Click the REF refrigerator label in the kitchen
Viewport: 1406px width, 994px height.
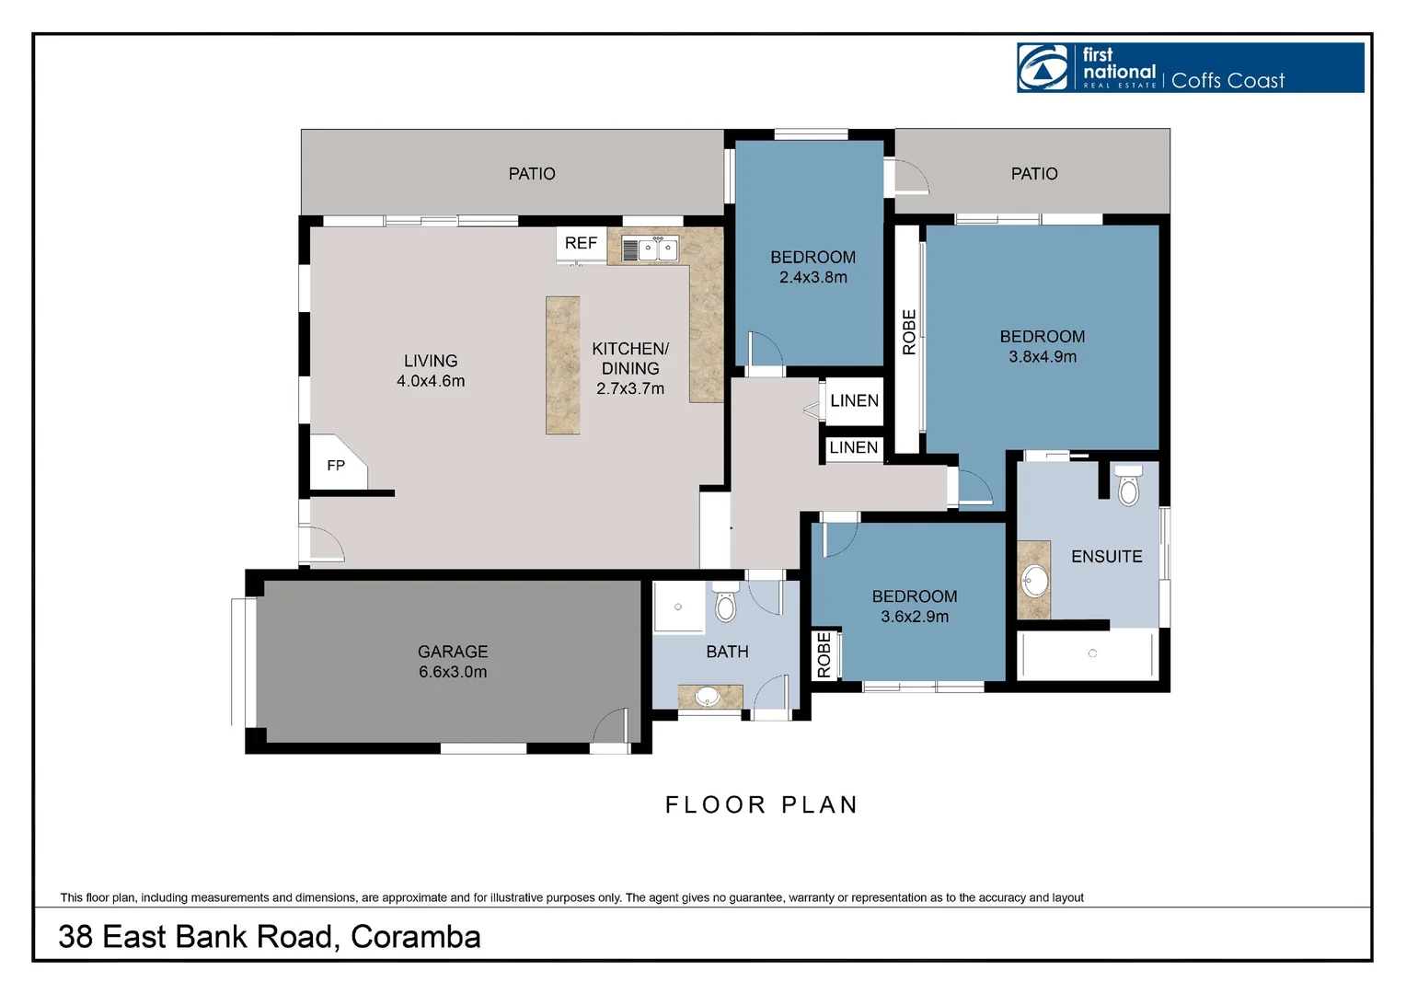coord(581,243)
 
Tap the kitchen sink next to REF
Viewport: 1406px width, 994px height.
coord(651,248)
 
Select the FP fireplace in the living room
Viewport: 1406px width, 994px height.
coord(336,465)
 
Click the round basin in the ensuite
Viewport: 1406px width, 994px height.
coord(1036,582)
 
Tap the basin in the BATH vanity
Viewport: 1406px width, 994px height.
coord(708,697)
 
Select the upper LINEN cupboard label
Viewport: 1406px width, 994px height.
coord(854,400)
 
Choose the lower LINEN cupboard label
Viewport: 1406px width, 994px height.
coord(853,447)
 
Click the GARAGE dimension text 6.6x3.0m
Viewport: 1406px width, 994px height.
coord(453,672)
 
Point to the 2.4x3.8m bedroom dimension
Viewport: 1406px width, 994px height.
coord(813,277)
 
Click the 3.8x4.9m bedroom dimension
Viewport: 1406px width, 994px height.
coord(1043,356)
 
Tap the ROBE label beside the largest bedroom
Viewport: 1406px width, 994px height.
coord(909,332)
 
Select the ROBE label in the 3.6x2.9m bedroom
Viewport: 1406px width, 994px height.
coord(824,655)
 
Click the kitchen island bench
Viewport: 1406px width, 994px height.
coord(562,364)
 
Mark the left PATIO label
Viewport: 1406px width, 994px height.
coord(532,174)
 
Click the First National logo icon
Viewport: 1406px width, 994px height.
coord(1043,67)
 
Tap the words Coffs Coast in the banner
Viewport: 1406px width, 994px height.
coord(1227,81)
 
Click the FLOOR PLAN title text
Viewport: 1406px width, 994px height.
coord(762,804)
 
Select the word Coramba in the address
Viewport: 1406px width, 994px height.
coord(415,936)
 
